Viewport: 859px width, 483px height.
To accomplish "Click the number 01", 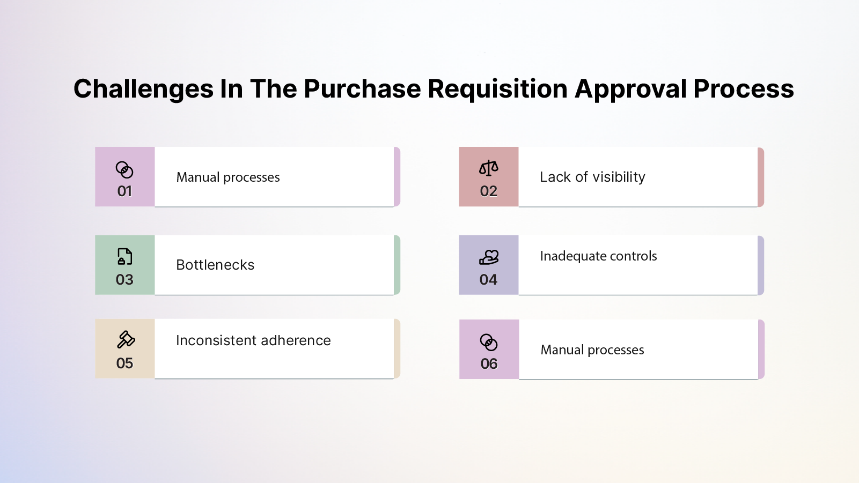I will [124, 191].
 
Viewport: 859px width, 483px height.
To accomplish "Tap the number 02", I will [488, 191].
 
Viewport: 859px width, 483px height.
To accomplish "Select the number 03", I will [124, 280].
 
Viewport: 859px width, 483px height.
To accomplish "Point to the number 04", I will [488, 280].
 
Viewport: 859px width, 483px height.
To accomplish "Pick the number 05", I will [124, 363].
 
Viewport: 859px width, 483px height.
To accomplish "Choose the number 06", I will [489, 364].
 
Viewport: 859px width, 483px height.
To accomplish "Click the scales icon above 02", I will [488, 168].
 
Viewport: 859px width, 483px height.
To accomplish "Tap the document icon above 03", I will [124, 257].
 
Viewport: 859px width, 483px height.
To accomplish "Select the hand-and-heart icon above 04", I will [488, 257].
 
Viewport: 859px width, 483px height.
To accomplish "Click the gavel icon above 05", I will [126, 340].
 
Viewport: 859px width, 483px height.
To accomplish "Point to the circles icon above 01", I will [124, 170].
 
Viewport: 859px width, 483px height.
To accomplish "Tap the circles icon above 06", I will [489, 342].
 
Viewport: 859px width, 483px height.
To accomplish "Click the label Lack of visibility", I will [592, 177].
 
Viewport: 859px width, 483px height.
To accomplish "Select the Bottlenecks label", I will [215, 265].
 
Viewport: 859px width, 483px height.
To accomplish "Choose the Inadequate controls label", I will [598, 256].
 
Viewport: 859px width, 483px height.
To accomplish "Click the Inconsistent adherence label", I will [253, 341].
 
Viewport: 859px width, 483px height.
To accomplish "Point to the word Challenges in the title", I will [143, 89].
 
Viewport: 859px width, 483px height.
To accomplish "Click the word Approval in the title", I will [630, 89].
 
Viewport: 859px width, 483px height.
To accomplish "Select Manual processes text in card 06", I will [592, 350].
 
